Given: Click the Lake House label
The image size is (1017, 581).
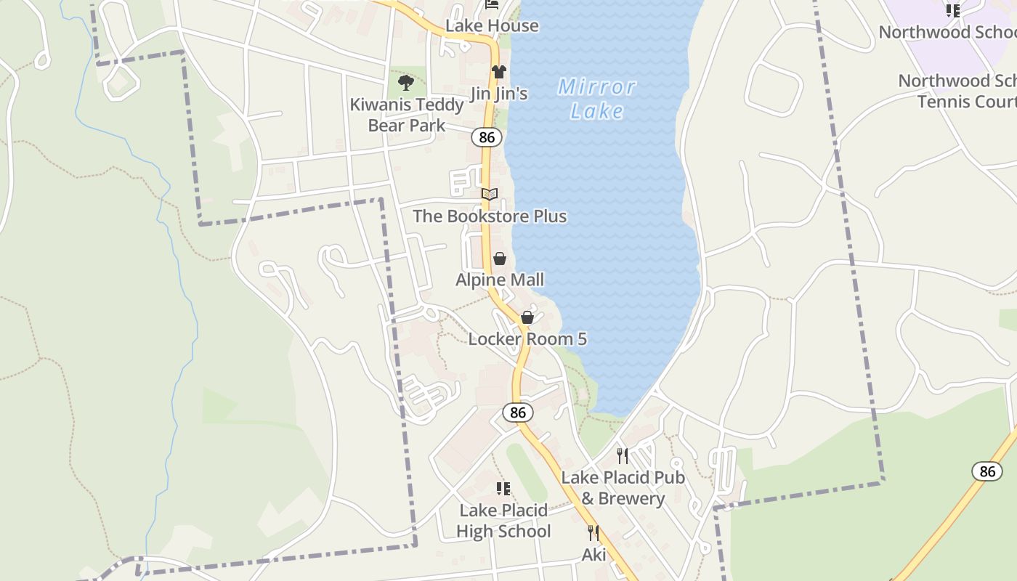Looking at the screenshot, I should [492, 26].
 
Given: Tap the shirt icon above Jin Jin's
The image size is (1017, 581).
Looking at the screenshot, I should [498, 72].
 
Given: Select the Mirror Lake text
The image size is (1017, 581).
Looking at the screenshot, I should [597, 99].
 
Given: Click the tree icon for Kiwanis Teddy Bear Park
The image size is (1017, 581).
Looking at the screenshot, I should [406, 82].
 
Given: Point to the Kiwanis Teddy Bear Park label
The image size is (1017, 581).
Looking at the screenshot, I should [407, 115].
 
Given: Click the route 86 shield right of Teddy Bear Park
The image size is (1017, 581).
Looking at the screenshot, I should [487, 137].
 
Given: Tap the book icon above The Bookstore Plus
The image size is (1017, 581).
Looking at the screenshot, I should [490, 194].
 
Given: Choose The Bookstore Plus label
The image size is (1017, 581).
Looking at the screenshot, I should [490, 216].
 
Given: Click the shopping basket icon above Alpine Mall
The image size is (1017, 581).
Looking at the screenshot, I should [500, 259].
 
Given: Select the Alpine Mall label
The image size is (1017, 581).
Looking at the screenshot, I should [500, 280].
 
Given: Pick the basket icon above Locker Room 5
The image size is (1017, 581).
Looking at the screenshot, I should [527, 317].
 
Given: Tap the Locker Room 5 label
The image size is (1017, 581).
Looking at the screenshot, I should [527, 339].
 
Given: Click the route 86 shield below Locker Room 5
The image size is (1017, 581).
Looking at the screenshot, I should [517, 413].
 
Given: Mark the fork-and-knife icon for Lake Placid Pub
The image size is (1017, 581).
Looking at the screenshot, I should [623, 455].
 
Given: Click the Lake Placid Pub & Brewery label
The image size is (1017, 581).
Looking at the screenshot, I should [623, 488].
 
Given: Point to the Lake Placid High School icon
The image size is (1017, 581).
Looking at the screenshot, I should [503, 489].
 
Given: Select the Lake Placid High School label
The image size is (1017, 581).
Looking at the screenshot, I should [503, 521].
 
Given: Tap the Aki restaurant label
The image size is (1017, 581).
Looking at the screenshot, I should [593, 555].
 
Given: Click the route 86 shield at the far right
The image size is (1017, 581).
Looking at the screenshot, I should [987, 471].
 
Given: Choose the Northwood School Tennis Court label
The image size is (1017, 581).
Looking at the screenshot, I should [957, 91].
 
